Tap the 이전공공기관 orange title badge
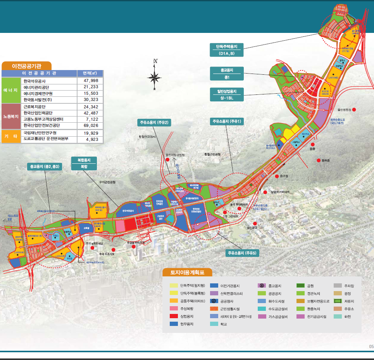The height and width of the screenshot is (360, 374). point(27,66)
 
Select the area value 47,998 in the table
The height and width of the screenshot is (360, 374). point(89,81)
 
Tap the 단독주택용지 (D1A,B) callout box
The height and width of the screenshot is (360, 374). point(227,50)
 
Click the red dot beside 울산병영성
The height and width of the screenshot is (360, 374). point(353,110)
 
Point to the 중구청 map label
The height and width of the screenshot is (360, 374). point(284,176)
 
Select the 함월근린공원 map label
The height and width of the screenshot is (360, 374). point(212,154)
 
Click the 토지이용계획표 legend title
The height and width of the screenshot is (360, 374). point(187,272)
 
